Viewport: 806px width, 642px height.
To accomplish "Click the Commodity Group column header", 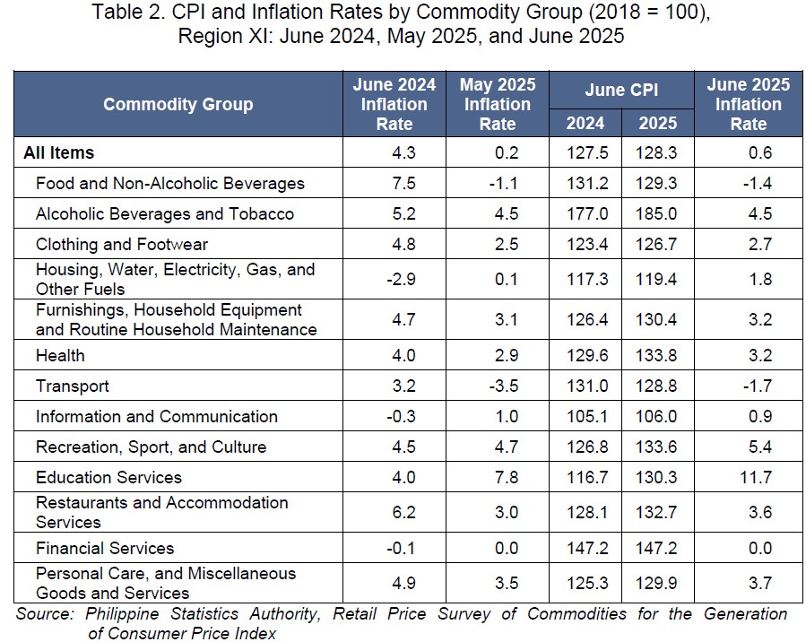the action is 178,104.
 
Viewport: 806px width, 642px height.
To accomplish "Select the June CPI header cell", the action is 621,90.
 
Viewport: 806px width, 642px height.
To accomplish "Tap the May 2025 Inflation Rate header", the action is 498,104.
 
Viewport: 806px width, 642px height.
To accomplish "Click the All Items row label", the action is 58,152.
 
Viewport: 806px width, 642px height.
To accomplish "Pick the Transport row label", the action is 73,386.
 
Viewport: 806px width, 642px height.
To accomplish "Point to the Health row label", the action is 60,355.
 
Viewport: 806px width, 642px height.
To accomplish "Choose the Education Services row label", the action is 109,478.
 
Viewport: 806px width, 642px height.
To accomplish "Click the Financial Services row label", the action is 105,548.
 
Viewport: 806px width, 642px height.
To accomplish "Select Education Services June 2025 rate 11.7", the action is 756,478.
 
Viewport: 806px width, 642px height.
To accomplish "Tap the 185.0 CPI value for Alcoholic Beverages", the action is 656,213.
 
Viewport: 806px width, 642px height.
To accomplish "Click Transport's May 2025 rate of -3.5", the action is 504,386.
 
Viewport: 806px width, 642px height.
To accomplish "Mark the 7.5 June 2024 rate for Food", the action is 404,184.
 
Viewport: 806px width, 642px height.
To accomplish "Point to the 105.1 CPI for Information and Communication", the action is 587,416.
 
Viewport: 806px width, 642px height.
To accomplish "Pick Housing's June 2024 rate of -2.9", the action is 401,279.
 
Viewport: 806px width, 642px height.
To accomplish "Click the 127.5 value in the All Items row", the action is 587,152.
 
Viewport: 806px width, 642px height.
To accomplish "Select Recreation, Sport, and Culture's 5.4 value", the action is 760,447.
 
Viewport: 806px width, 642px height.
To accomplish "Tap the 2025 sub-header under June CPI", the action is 658,124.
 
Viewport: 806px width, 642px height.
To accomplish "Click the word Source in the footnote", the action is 45,613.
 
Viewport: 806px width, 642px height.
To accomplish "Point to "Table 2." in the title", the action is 128,12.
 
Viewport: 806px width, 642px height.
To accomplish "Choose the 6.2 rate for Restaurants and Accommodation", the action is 404,513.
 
